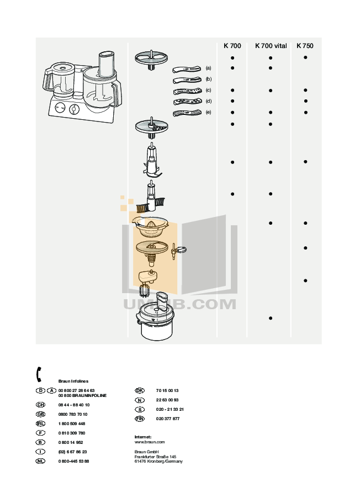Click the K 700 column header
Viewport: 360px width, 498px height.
click(x=232, y=46)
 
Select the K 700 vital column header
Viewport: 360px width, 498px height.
click(x=271, y=46)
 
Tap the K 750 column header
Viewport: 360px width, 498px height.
click(x=305, y=46)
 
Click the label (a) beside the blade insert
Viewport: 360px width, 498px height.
click(x=209, y=68)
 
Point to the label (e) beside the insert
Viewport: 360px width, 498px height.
click(x=209, y=113)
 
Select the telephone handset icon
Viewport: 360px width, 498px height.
click(x=39, y=374)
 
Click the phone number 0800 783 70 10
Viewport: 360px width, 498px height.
click(x=72, y=414)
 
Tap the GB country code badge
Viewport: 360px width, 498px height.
click(x=40, y=414)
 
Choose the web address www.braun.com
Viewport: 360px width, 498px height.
click(x=150, y=442)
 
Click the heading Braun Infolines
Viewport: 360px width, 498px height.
click(x=73, y=381)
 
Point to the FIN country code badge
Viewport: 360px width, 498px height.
click(x=140, y=418)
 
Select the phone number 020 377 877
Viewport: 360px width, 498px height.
click(x=168, y=418)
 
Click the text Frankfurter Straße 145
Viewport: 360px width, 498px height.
click(x=155, y=457)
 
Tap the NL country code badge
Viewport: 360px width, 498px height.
click(x=40, y=461)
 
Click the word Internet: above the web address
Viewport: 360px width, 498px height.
click(x=143, y=437)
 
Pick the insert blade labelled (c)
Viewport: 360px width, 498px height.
click(x=186, y=91)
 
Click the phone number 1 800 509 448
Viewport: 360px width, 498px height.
click(x=72, y=423)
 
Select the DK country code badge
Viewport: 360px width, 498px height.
click(x=140, y=390)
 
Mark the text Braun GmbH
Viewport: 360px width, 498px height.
click(x=146, y=452)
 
